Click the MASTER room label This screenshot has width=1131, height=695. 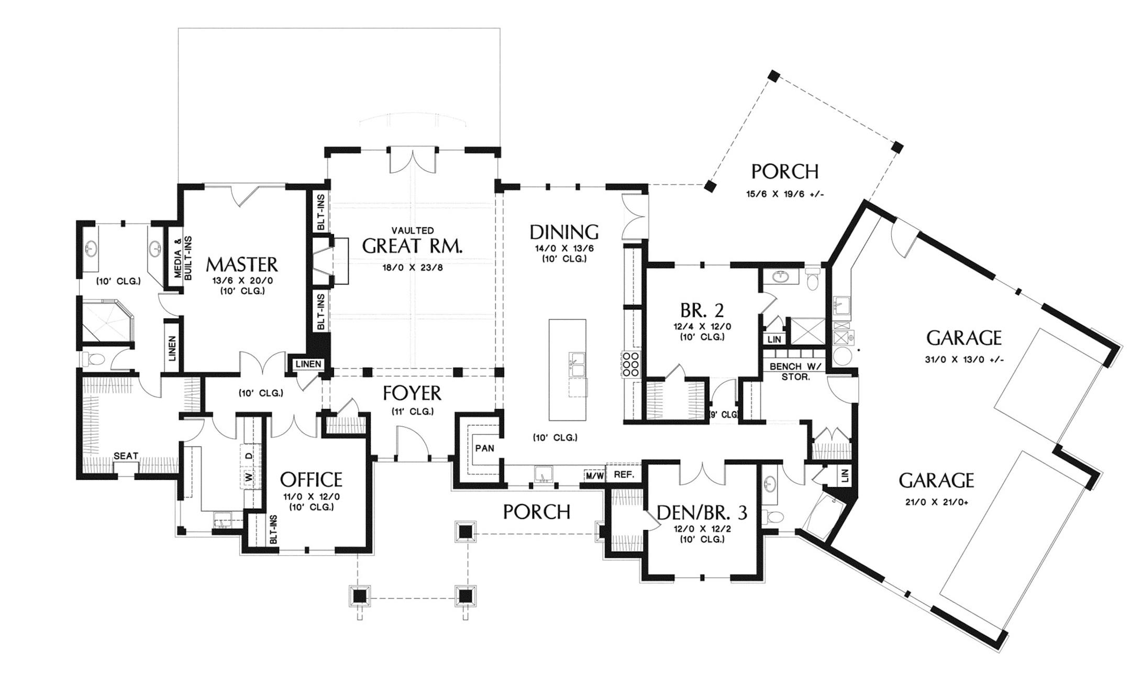[x=241, y=264]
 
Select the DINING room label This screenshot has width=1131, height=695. [x=564, y=232]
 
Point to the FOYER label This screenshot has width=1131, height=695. [x=412, y=393]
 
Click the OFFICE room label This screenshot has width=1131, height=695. [x=311, y=479]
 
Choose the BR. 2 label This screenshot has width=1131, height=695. [x=702, y=311]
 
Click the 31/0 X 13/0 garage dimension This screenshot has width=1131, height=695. [x=963, y=360]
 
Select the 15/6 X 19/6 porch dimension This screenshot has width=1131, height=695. [x=785, y=194]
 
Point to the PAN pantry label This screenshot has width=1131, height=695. [x=484, y=448]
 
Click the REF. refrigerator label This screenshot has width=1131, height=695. [x=624, y=475]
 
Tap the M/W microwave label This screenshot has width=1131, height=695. [x=595, y=476]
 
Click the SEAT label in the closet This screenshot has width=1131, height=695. [x=126, y=456]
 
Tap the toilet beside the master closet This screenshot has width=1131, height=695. [x=94, y=359]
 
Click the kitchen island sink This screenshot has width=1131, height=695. [x=578, y=365]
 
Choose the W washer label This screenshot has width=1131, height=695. [x=249, y=477]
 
